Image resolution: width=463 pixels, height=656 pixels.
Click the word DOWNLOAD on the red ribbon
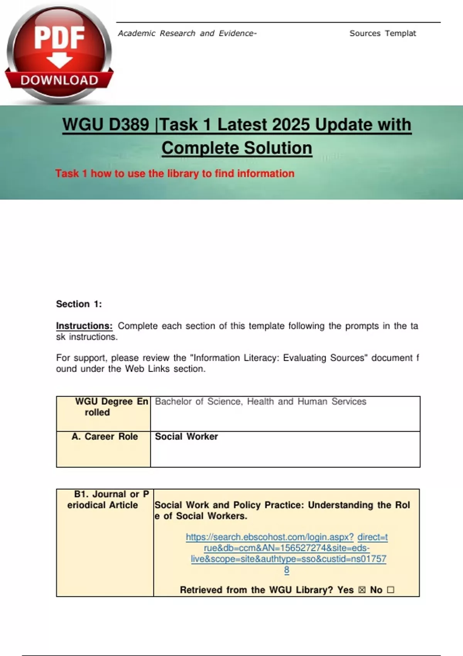point(59,80)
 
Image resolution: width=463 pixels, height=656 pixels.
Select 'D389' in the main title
point(129,125)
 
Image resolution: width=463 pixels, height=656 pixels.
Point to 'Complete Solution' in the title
point(237,148)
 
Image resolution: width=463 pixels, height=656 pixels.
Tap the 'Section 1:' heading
point(79,304)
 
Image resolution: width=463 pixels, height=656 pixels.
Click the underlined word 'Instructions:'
point(84,326)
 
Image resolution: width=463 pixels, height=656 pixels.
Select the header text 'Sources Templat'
point(382,34)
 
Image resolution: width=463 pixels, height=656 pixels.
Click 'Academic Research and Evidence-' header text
point(187,34)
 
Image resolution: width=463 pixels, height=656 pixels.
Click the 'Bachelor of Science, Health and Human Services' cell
point(260,402)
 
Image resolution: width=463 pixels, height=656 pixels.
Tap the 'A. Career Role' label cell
point(105,436)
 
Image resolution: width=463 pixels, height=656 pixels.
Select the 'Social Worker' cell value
point(186,436)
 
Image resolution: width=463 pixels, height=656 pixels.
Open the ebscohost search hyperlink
point(287,548)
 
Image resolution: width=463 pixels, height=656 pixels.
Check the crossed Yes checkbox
point(362,590)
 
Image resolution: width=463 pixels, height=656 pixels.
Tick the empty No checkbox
point(390,590)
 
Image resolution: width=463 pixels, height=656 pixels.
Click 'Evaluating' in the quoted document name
point(304,358)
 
